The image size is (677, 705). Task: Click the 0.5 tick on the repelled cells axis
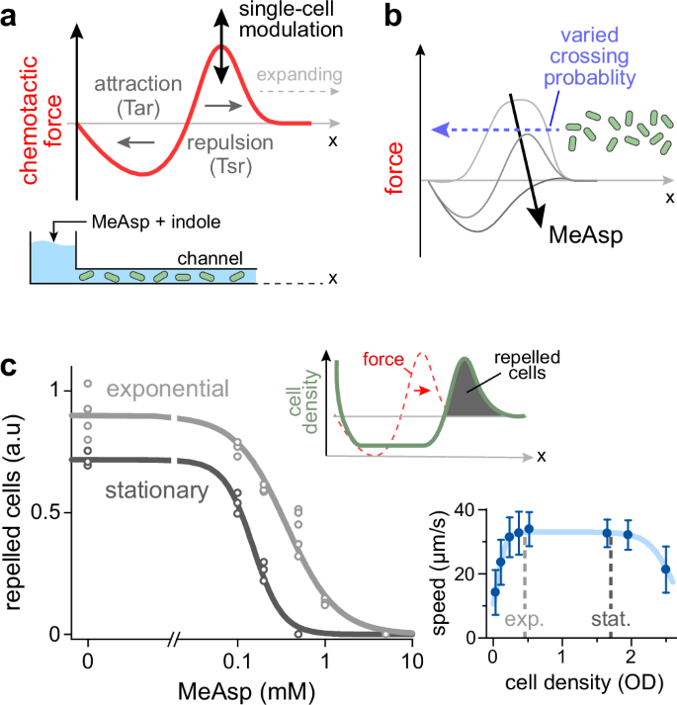point(50,512)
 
